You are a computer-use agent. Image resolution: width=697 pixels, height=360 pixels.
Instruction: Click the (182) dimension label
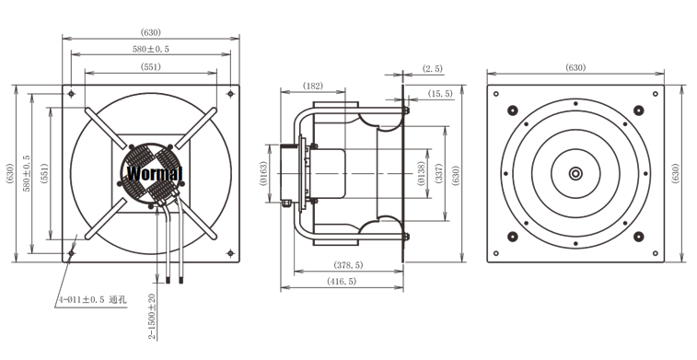tap(312, 86)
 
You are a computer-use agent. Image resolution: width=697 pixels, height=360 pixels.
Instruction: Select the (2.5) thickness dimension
tap(433, 69)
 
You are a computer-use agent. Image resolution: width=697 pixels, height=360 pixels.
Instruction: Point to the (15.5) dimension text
tap(440, 94)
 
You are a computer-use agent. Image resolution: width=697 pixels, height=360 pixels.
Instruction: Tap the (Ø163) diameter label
tap(263, 173)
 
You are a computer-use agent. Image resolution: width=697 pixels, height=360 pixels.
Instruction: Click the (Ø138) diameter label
tap(422, 173)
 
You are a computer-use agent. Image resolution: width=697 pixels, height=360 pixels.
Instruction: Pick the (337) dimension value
tap(439, 173)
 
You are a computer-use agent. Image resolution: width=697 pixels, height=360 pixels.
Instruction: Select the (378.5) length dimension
tap(348, 265)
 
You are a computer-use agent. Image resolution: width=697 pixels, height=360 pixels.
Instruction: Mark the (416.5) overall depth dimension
tap(342, 282)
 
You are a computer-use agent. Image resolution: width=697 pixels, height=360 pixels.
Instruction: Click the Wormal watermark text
tap(155, 173)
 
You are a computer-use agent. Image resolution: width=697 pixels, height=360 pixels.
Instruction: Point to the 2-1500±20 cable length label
tap(152, 317)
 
